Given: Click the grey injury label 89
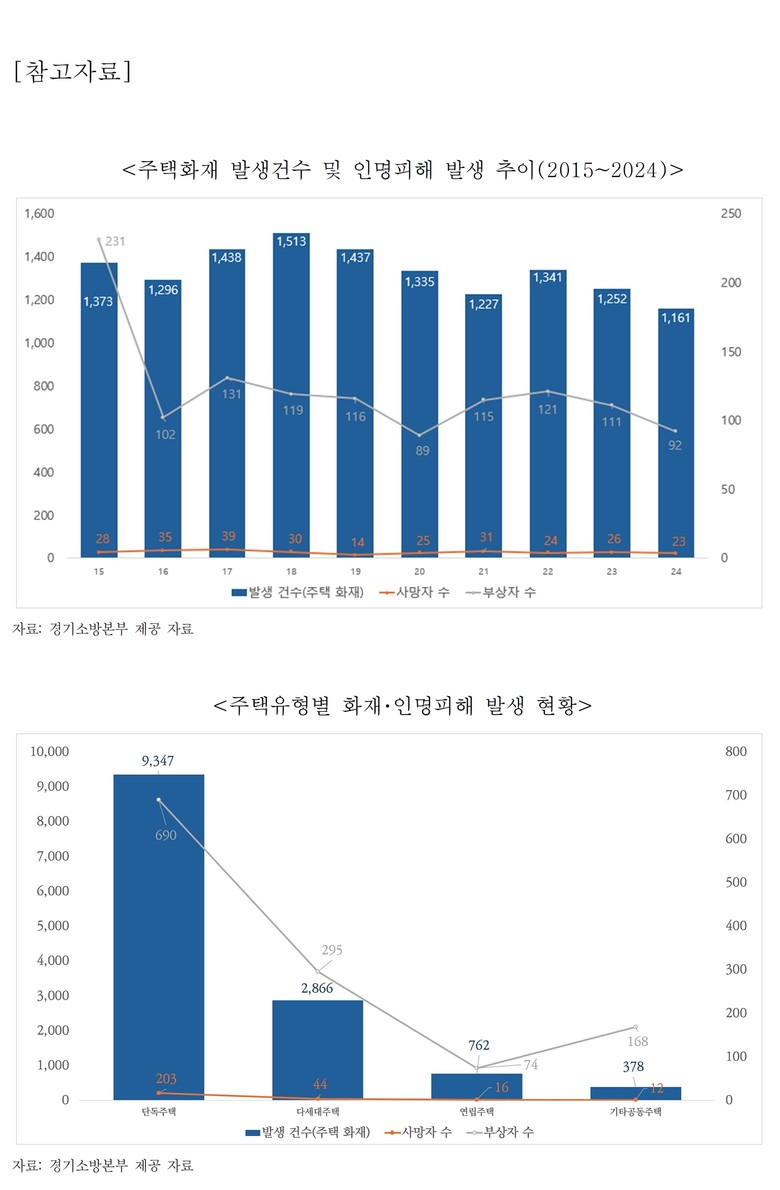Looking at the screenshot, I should (x=420, y=451).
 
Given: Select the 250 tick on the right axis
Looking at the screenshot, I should (x=731, y=214).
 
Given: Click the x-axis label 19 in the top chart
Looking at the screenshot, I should (x=355, y=571).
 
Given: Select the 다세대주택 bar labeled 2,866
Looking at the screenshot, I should (x=317, y=1049).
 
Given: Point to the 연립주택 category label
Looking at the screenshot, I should (x=477, y=1111).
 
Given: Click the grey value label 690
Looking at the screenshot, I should (x=165, y=833).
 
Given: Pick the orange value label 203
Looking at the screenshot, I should (x=167, y=1079).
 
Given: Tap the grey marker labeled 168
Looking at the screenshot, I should (x=635, y=1027).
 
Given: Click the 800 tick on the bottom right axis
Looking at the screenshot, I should (x=735, y=752).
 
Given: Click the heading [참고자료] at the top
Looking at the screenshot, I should (x=72, y=72).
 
